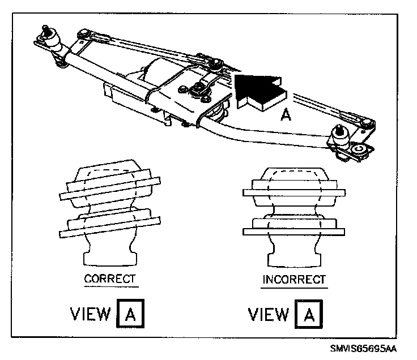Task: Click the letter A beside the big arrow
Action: tap(287, 115)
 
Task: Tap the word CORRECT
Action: tap(109, 278)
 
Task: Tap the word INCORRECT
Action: tap(294, 280)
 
